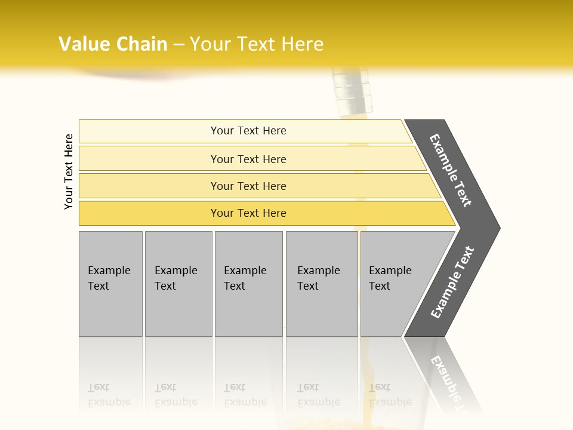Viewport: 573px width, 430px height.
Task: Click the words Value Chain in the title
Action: (x=113, y=44)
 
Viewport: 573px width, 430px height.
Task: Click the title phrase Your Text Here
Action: (x=257, y=44)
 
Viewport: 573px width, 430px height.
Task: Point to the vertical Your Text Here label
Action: (x=69, y=171)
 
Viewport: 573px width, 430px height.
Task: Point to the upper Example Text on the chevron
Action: (x=451, y=170)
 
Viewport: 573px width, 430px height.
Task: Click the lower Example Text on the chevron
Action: (x=452, y=282)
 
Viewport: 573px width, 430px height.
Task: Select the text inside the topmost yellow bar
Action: (x=248, y=131)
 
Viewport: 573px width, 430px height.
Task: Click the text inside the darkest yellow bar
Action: (x=248, y=213)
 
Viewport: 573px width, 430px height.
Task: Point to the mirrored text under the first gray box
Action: (x=109, y=395)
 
